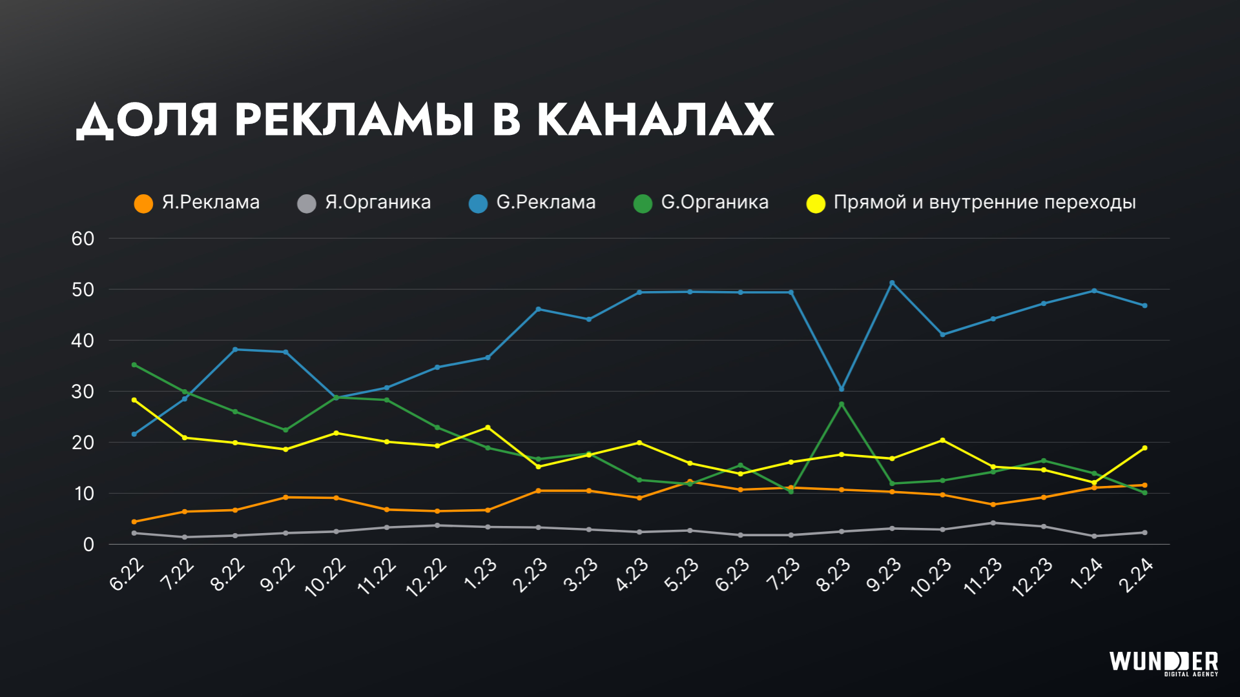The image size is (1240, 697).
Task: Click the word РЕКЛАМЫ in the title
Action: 354,120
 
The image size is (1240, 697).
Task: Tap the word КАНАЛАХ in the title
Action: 655,120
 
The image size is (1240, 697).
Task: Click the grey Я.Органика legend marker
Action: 307,204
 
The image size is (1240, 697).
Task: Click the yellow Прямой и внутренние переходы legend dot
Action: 816,204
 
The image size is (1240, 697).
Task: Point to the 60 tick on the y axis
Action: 83,239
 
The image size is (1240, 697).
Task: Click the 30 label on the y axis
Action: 83,392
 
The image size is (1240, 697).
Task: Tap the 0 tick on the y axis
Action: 88,545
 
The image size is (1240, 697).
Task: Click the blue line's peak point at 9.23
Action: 892,283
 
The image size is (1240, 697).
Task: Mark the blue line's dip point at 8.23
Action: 842,389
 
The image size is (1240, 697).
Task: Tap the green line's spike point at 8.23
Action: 842,405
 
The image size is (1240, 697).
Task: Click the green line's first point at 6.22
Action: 134,365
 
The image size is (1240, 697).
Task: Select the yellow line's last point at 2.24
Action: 1144,448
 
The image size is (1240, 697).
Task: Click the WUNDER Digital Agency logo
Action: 1164,663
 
